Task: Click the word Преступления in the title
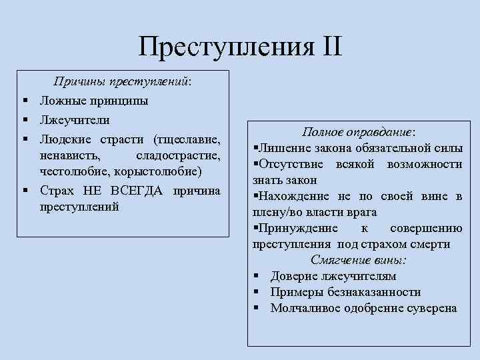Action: pos(225,47)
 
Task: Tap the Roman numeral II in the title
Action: pos(329,47)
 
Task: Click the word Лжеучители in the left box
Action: pos(75,120)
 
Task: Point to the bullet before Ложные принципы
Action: pos(24,101)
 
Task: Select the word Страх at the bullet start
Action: pos(59,191)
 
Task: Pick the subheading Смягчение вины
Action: pos(358,260)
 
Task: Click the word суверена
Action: pos(431,308)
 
